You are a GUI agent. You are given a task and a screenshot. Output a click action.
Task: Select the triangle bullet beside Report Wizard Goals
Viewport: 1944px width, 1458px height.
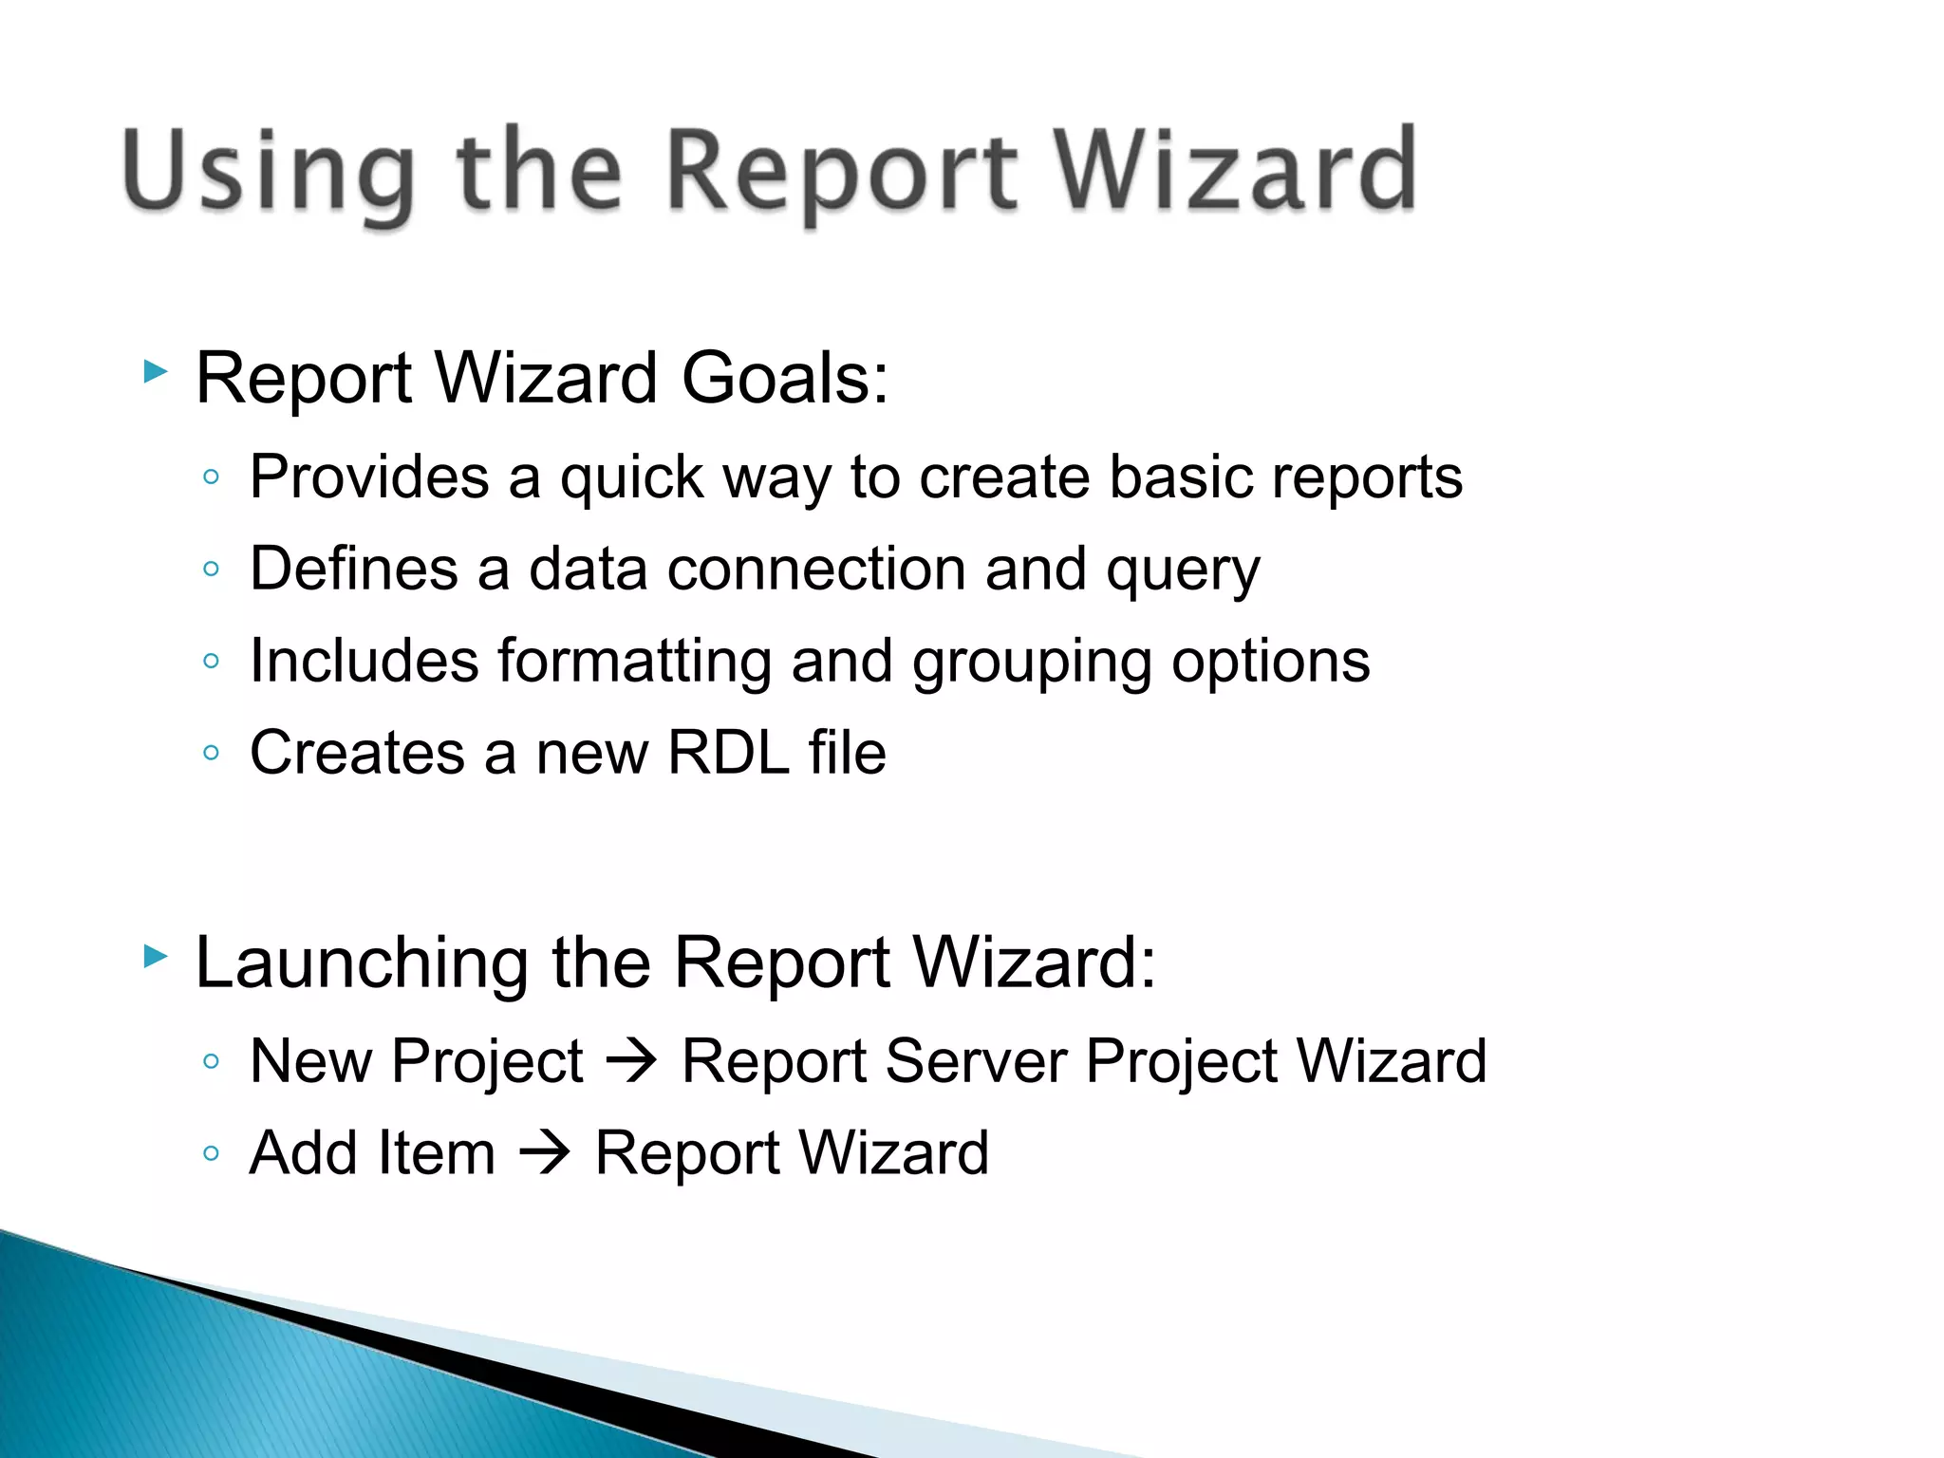pos(156,371)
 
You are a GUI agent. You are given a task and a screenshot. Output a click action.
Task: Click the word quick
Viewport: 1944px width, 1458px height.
pos(632,477)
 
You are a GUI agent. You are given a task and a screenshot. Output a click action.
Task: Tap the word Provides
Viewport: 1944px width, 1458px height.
pos(369,477)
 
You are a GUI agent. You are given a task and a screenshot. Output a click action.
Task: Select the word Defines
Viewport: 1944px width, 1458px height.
pos(353,570)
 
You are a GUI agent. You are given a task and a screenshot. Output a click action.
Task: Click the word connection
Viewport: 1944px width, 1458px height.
pos(816,570)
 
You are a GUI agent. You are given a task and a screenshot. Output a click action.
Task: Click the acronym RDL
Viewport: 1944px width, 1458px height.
pos(728,753)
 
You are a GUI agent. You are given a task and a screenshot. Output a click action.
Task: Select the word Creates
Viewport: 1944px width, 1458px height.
pos(357,753)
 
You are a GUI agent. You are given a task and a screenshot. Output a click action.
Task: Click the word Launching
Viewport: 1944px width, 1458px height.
pos(362,963)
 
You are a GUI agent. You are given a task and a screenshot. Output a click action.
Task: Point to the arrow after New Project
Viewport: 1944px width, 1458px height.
pos(632,1060)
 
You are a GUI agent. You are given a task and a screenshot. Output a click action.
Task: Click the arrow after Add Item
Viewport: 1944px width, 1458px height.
pos(545,1153)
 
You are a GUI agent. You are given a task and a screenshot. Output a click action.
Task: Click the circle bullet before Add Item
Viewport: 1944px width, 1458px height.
pos(211,1154)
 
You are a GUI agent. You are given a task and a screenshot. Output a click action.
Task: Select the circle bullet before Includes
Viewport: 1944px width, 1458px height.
pos(211,661)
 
